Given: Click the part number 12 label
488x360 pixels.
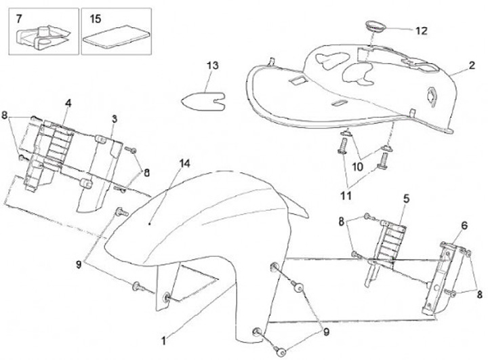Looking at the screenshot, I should [x=421, y=31].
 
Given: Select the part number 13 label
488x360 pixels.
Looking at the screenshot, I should [x=213, y=66].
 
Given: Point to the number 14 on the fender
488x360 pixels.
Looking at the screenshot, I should [x=185, y=163].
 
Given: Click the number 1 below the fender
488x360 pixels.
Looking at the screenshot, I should [x=163, y=336].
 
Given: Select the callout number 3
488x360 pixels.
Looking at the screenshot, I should [x=114, y=119].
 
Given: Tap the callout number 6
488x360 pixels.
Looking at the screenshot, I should [x=464, y=225].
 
